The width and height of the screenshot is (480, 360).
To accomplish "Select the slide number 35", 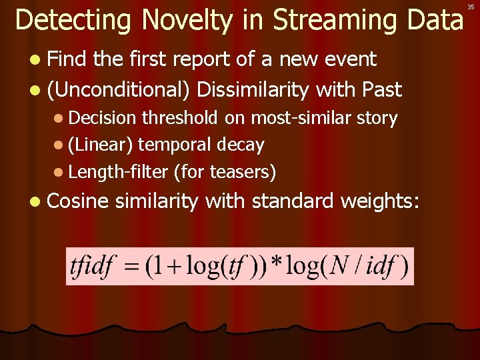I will [471, 6].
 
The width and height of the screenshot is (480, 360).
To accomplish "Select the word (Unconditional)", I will [119, 89].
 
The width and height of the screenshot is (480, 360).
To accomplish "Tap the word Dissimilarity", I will [254, 89].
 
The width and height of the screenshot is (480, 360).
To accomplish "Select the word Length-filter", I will [118, 172].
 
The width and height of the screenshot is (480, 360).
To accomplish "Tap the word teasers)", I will [243, 172].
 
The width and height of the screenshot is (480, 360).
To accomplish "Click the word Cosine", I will [79, 201].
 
